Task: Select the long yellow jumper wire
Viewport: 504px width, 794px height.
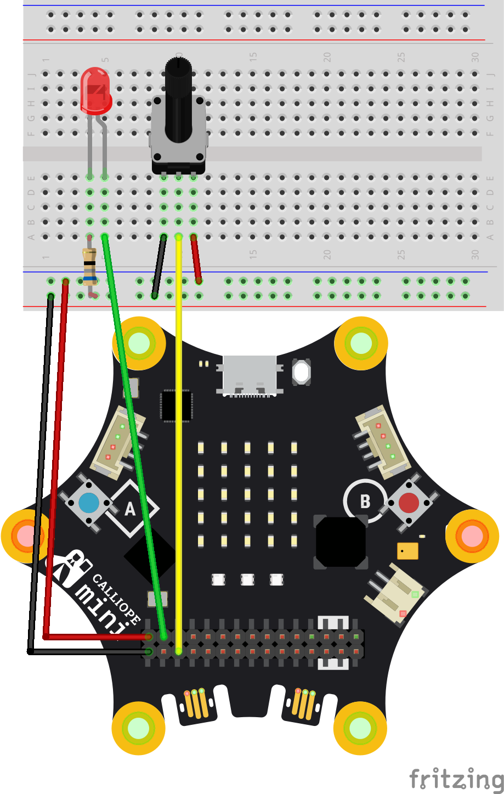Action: [x=178, y=439]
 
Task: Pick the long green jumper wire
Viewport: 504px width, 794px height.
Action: [x=134, y=439]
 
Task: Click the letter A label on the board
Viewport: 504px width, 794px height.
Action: [x=130, y=509]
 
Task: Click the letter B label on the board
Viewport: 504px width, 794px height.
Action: [x=365, y=501]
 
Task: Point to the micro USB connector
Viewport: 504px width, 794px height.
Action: [x=250, y=375]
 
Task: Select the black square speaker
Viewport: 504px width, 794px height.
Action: [x=340, y=542]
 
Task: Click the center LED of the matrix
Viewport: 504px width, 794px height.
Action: [x=247, y=494]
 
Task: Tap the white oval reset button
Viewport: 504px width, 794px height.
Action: [x=302, y=373]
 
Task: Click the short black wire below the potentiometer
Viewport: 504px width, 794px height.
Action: [x=159, y=266]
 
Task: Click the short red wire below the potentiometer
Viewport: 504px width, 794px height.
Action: [x=196, y=259]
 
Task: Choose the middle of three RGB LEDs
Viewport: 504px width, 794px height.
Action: [x=247, y=579]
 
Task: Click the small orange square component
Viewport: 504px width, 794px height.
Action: [x=407, y=550]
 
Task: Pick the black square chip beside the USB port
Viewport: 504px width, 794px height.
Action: [x=176, y=406]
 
